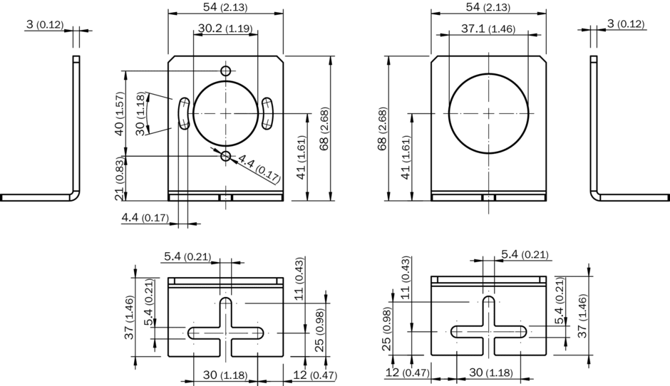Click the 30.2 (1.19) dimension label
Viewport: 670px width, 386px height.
(225, 28)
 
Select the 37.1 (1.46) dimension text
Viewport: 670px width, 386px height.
(488, 28)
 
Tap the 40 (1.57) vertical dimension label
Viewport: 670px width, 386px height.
(119, 113)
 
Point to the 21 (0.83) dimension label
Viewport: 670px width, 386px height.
(119, 179)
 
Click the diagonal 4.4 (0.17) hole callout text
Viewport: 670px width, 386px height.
(259, 169)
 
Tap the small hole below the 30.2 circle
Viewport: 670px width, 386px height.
(226, 156)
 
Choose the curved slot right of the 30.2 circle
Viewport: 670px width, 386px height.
(267, 113)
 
